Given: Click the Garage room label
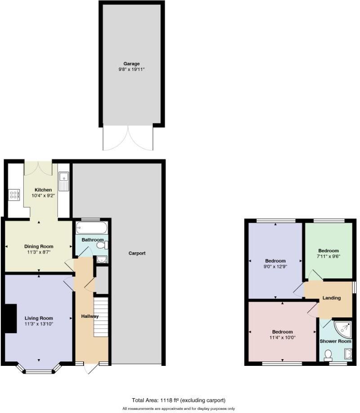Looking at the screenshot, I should tap(132, 64).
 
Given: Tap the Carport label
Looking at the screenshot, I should tap(137, 253).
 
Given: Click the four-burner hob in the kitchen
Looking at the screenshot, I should tap(14, 194).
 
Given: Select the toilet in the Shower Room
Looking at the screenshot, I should tap(328, 355).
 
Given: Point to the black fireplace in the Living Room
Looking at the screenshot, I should tap(10, 318).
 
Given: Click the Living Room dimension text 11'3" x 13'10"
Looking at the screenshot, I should tap(39, 324).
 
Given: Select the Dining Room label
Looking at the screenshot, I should tap(39, 246).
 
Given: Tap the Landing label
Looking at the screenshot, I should tap(332, 298).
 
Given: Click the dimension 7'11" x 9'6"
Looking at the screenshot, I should tap(329, 257).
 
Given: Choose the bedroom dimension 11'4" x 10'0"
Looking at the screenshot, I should tap(283, 338).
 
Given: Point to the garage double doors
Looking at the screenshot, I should tap(129, 137).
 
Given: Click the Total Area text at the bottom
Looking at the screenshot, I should tap(178, 400).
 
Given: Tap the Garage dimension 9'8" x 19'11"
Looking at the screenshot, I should tap(132, 70).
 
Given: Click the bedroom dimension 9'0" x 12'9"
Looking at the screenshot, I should tap(276, 267).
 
